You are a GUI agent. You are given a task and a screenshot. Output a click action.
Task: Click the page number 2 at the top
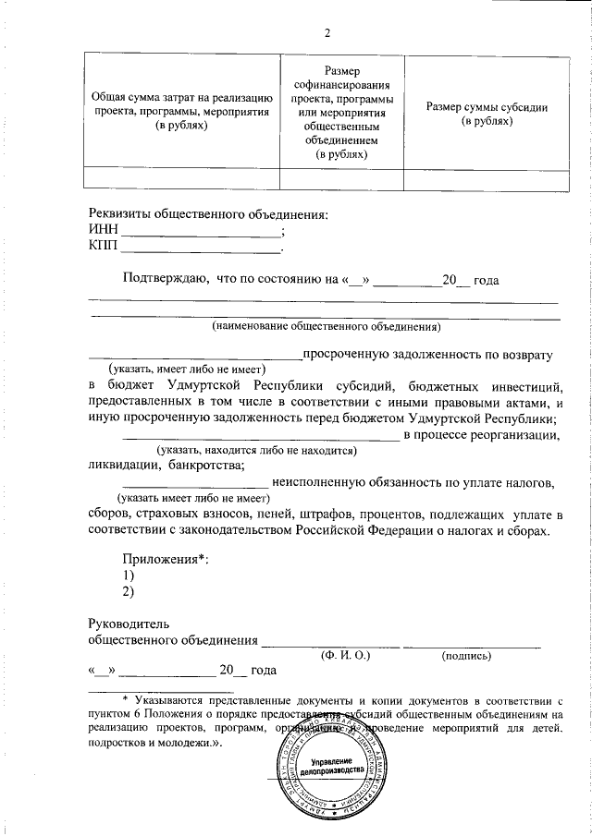tap(327, 34)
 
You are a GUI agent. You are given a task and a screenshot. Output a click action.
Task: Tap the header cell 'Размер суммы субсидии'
tap(487, 114)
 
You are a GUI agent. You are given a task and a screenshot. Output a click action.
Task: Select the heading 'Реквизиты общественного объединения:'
tap(208, 214)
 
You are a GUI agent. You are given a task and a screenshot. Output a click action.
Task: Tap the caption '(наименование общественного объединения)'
tap(325, 326)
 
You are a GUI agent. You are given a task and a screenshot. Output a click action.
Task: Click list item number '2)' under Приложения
tap(129, 591)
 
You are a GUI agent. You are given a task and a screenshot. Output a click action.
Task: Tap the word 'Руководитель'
tap(129, 624)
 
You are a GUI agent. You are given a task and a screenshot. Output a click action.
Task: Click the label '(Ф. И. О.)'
tap(345, 655)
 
